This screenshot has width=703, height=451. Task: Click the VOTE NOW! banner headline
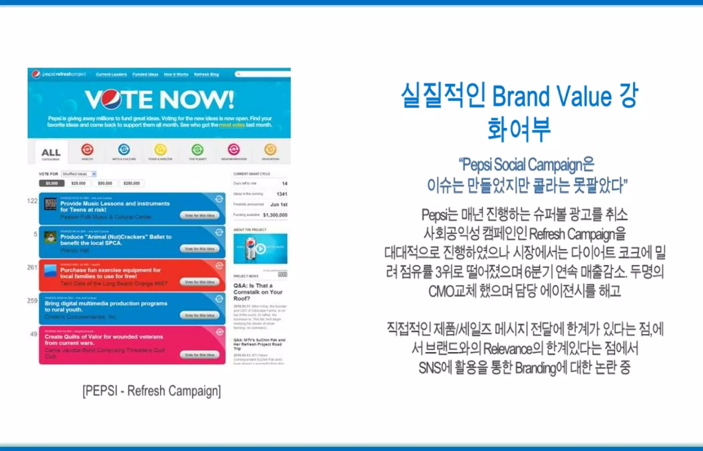coord(159,99)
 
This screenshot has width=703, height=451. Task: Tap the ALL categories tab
coord(51,153)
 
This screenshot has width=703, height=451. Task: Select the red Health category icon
coord(87,150)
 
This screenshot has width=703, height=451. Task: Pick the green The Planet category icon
coord(197,150)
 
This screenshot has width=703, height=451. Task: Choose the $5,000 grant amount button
coord(52,183)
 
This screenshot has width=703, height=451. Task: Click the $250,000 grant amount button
coord(131,183)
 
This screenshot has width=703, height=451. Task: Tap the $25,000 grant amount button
coord(78,183)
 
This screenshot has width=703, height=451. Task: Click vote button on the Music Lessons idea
coord(199,216)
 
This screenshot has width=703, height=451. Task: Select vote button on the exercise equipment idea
coord(199,282)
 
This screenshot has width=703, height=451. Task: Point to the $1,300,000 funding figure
coord(275,215)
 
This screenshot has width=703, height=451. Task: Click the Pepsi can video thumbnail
coord(260,248)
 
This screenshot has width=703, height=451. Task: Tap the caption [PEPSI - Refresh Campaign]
coord(152,391)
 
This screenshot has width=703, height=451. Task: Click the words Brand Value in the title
coord(552,96)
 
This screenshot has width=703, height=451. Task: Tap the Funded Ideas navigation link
coord(145,74)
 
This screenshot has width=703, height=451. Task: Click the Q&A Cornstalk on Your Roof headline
coord(258,292)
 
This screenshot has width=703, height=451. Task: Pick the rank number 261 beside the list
coord(32,267)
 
